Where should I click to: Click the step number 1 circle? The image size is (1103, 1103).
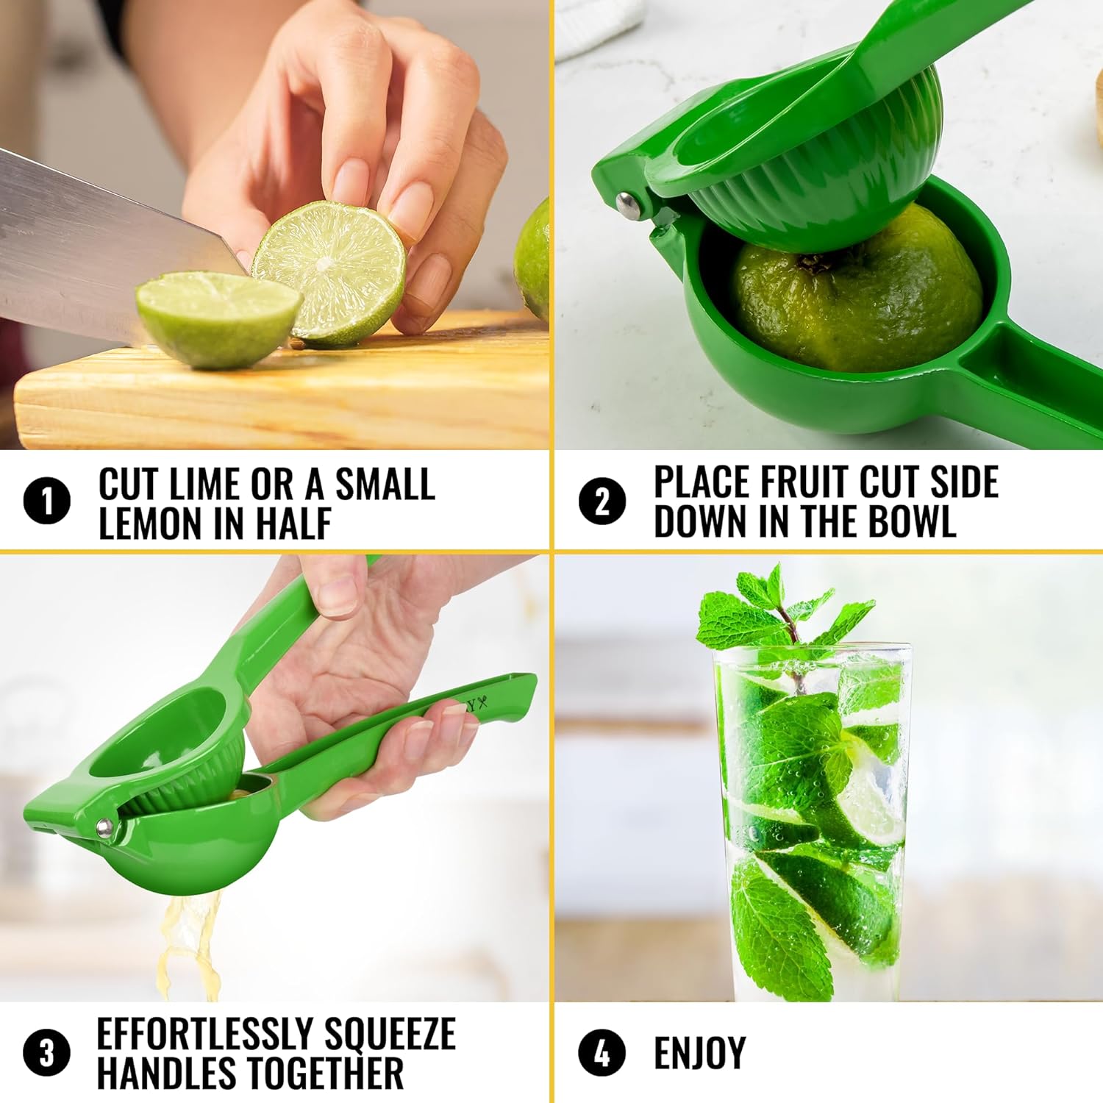46,502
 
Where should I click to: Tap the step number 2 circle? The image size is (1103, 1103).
602,502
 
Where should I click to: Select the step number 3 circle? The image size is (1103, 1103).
46,1052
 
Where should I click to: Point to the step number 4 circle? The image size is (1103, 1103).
602,1052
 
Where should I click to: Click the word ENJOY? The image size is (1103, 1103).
699,1053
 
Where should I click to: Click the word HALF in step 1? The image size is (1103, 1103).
293,524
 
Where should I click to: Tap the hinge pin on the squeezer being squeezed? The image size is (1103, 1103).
104,829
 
